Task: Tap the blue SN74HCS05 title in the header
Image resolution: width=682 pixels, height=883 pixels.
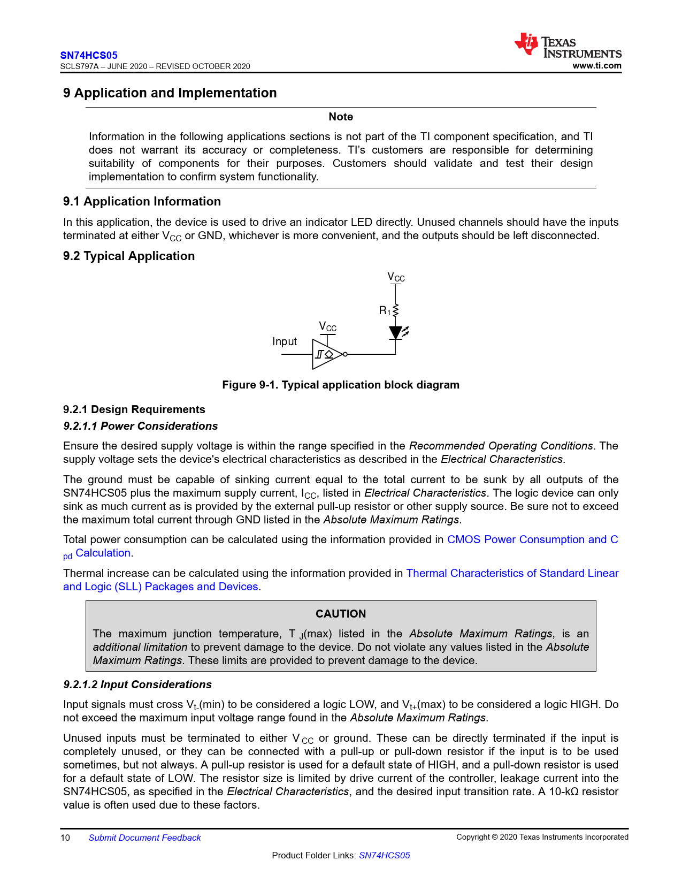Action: click(x=89, y=55)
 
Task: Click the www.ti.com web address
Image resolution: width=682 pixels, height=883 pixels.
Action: click(x=597, y=66)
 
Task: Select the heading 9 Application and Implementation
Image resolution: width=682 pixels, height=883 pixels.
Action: click(x=170, y=93)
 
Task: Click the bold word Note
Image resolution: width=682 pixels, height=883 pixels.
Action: click(x=341, y=117)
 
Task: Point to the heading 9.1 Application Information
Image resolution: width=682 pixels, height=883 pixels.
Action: click(x=142, y=202)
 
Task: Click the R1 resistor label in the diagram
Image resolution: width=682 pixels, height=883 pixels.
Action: click(x=385, y=310)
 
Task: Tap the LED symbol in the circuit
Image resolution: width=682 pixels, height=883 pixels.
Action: click(x=396, y=333)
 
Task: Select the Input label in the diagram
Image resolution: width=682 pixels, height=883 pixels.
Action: click(x=285, y=341)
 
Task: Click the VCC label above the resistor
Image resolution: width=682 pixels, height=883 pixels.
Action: click(x=396, y=277)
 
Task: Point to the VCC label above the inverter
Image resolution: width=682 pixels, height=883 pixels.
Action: click(x=328, y=326)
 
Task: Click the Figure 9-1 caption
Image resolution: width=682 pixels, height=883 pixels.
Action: click(x=341, y=385)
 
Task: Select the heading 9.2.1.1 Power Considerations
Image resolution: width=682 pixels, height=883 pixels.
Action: click(x=141, y=426)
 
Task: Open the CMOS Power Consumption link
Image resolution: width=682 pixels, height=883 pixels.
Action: click(x=532, y=539)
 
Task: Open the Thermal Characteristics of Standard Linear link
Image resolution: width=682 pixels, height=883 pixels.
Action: click(x=512, y=573)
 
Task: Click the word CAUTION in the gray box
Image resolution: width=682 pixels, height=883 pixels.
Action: click(x=341, y=614)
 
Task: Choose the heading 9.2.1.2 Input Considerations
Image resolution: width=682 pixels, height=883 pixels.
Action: click(x=137, y=684)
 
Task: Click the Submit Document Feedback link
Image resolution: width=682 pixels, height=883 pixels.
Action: click(x=144, y=838)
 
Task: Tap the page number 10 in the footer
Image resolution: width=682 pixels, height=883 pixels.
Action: click(x=65, y=838)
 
